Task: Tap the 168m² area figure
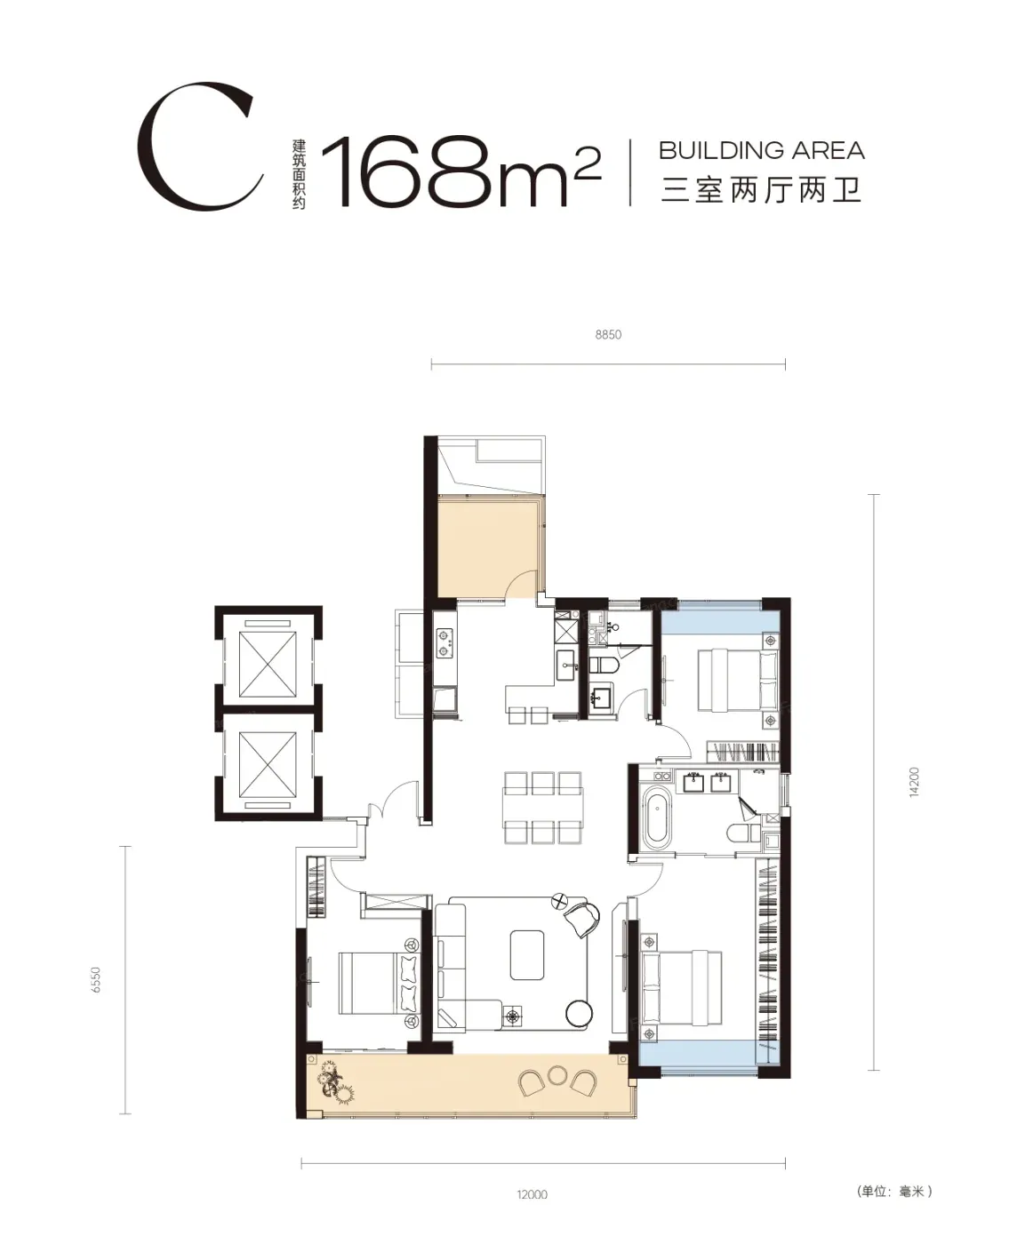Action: coord(461,171)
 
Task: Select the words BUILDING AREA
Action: coord(762,150)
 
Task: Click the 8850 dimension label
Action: coord(608,334)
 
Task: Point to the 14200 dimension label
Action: coord(914,782)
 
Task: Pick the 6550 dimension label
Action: coord(96,979)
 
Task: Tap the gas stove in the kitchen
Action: coord(444,643)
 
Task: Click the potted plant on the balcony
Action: coord(335,1083)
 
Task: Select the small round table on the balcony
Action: coord(557,1075)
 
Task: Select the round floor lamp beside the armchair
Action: coord(579,1013)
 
